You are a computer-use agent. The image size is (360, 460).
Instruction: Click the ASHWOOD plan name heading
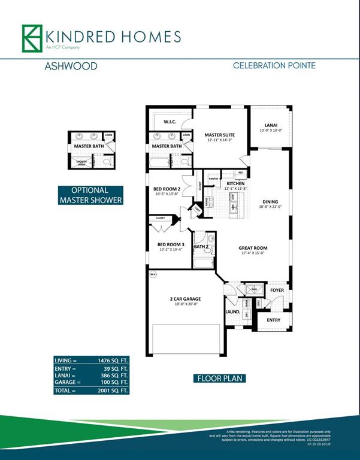click(x=71, y=66)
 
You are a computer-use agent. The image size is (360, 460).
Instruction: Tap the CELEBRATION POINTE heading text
click(x=274, y=66)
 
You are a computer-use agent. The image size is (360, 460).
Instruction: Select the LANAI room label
click(x=270, y=125)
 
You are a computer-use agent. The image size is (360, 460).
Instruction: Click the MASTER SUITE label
click(x=219, y=135)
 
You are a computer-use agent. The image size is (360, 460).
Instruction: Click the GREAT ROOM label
click(x=252, y=248)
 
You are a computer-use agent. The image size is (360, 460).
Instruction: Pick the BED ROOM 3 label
click(x=171, y=244)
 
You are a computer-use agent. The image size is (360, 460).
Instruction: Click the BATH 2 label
click(x=202, y=246)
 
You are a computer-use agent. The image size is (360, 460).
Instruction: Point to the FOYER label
click(x=277, y=290)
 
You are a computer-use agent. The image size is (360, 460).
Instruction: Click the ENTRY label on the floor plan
click(x=273, y=320)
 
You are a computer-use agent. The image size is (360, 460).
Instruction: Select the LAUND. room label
click(x=232, y=312)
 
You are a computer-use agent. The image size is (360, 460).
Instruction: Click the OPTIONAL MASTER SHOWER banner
click(x=90, y=195)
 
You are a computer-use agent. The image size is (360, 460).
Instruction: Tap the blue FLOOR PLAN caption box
click(x=220, y=379)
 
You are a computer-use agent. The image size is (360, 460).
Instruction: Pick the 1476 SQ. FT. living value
click(x=113, y=361)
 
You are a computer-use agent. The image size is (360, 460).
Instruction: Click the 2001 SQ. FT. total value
click(x=113, y=390)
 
